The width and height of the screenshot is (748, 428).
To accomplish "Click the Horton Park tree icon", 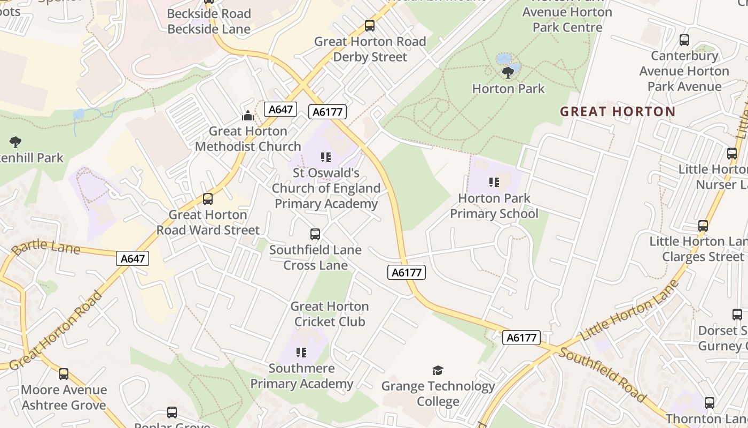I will (x=508, y=72).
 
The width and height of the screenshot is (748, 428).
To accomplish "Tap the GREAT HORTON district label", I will (x=618, y=111).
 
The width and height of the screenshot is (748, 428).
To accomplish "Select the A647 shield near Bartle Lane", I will (x=133, y=258).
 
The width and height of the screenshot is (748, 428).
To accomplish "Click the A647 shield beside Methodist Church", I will (x=280, y=109).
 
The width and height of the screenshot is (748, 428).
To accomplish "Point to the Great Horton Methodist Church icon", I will (x=248, y=116).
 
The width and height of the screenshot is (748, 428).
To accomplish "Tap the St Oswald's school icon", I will (x=326, y=157).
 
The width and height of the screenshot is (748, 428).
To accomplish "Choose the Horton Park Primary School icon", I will (x=494, y=182).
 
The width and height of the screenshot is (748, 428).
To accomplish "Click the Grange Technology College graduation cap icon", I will (x=438, y=370).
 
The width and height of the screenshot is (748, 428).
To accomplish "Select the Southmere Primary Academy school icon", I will (x=301, y=353).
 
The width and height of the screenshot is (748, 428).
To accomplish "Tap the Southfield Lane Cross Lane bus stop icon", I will (x=315, y=234).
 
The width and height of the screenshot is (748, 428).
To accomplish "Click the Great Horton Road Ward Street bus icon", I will (x=208, y=199).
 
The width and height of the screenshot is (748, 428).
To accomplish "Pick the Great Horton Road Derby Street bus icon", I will (x=370, y=26).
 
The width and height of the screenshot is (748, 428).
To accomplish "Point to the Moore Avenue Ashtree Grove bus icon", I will (x=64, y=374).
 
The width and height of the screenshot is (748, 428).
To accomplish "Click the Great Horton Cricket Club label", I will (x=330, y=314).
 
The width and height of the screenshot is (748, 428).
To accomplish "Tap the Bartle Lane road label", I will (x=45, y=248).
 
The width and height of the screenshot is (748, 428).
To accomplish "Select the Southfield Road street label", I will (x=602, y=376).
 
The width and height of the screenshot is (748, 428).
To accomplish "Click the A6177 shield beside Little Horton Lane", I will (x=521, y=338).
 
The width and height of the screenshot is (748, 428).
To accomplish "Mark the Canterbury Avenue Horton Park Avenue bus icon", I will (x=684, y=40).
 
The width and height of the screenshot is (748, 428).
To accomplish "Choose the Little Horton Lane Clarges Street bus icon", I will (x=703, y=226).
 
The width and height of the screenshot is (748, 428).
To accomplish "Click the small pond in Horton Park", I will (x=504, y=59).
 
